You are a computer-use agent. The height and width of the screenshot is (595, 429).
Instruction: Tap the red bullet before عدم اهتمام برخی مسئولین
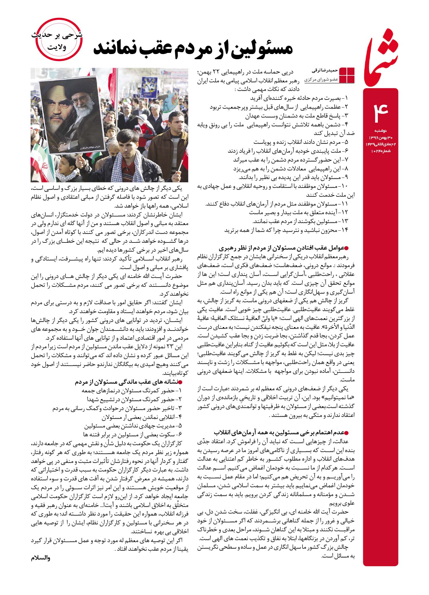347,433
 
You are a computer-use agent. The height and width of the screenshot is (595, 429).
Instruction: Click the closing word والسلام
41,558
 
